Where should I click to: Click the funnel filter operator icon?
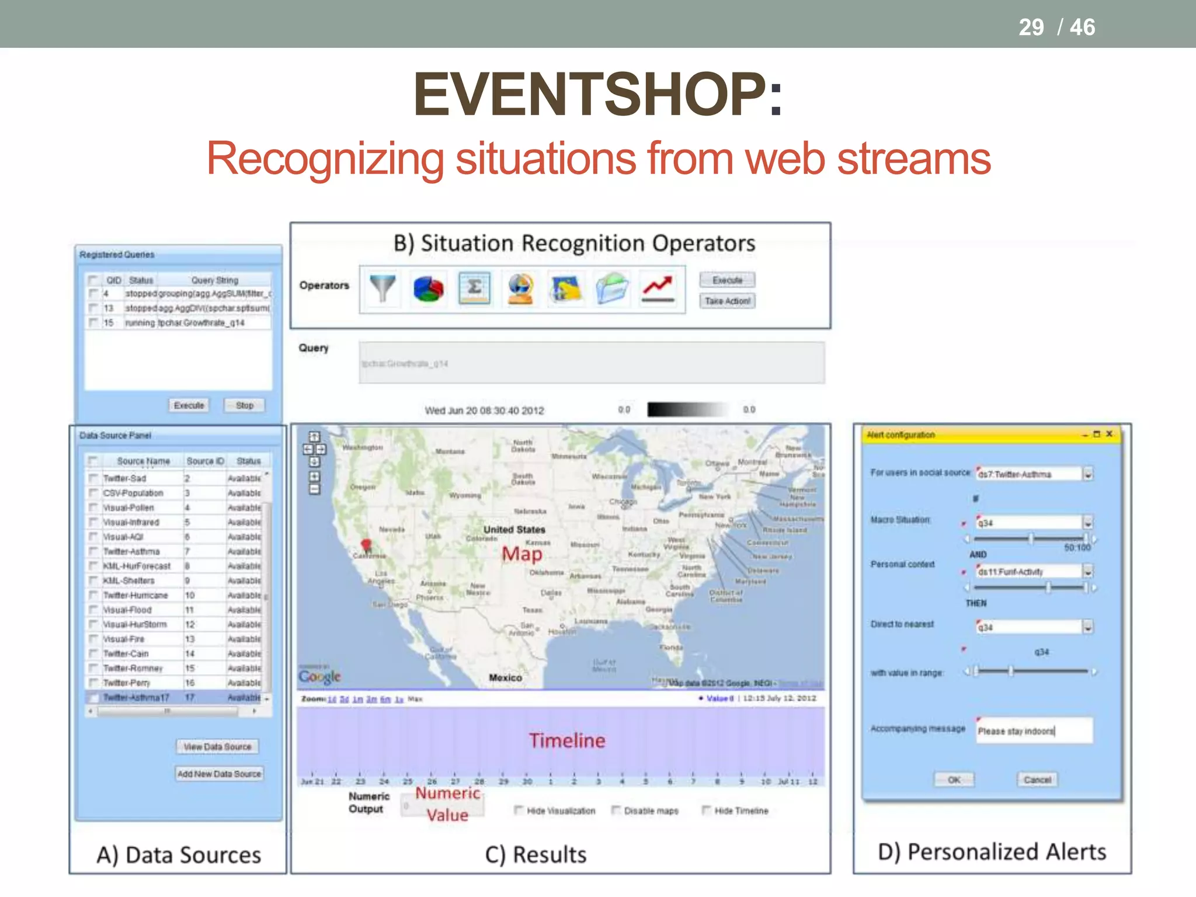[x=383, y=288]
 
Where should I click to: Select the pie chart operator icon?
[x=428, y=288]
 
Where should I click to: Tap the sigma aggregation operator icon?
[x=474, y=288]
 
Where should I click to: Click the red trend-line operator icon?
[x=658, y=288]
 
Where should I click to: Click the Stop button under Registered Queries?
[x=245, y=405]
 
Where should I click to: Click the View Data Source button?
[x=217, y=747]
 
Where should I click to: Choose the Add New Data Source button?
[x=219, y=774]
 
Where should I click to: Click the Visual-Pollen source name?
[x=128, y=507]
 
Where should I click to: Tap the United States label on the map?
[x=514, y=530]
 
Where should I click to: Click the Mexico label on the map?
[x=505, y=677]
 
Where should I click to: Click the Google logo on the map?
[x=319, y=676]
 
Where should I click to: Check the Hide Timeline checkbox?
[x=706, y=810]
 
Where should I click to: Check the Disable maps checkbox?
[x=616, y=810]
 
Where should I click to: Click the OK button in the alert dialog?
[x=954, y=780]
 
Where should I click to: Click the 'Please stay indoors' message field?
[x=1034, y=731]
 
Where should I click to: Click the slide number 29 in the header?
[x=1031, y=27]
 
